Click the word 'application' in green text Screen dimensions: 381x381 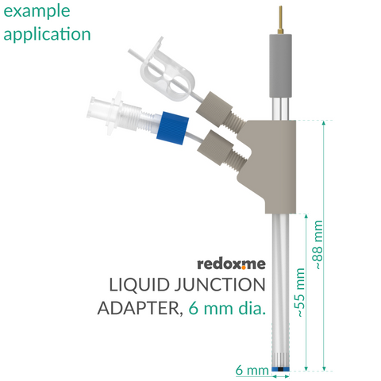pos(47,34)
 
